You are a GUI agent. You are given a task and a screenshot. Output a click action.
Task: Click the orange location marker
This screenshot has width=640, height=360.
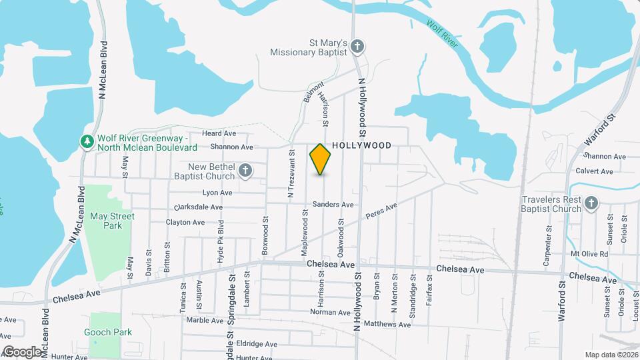321,159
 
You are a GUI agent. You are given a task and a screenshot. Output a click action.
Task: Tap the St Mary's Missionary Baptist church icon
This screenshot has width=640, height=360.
358,47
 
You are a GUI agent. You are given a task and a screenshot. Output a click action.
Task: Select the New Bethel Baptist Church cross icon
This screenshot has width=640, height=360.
245,171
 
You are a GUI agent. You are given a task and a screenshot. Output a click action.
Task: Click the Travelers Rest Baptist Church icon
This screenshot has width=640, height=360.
591,203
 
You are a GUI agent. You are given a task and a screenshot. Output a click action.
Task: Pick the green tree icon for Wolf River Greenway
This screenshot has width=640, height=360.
87,142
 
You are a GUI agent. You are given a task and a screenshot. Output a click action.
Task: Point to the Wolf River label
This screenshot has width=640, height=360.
442,33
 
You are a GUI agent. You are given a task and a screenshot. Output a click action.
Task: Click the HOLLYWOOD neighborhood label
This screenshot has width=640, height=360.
361,145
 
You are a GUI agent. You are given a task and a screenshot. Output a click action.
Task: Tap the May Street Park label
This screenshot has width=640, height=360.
112,221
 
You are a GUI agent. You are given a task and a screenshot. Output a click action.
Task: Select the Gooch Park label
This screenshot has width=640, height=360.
108,332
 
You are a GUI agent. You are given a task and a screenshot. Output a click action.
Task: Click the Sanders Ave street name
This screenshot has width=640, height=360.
332,205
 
